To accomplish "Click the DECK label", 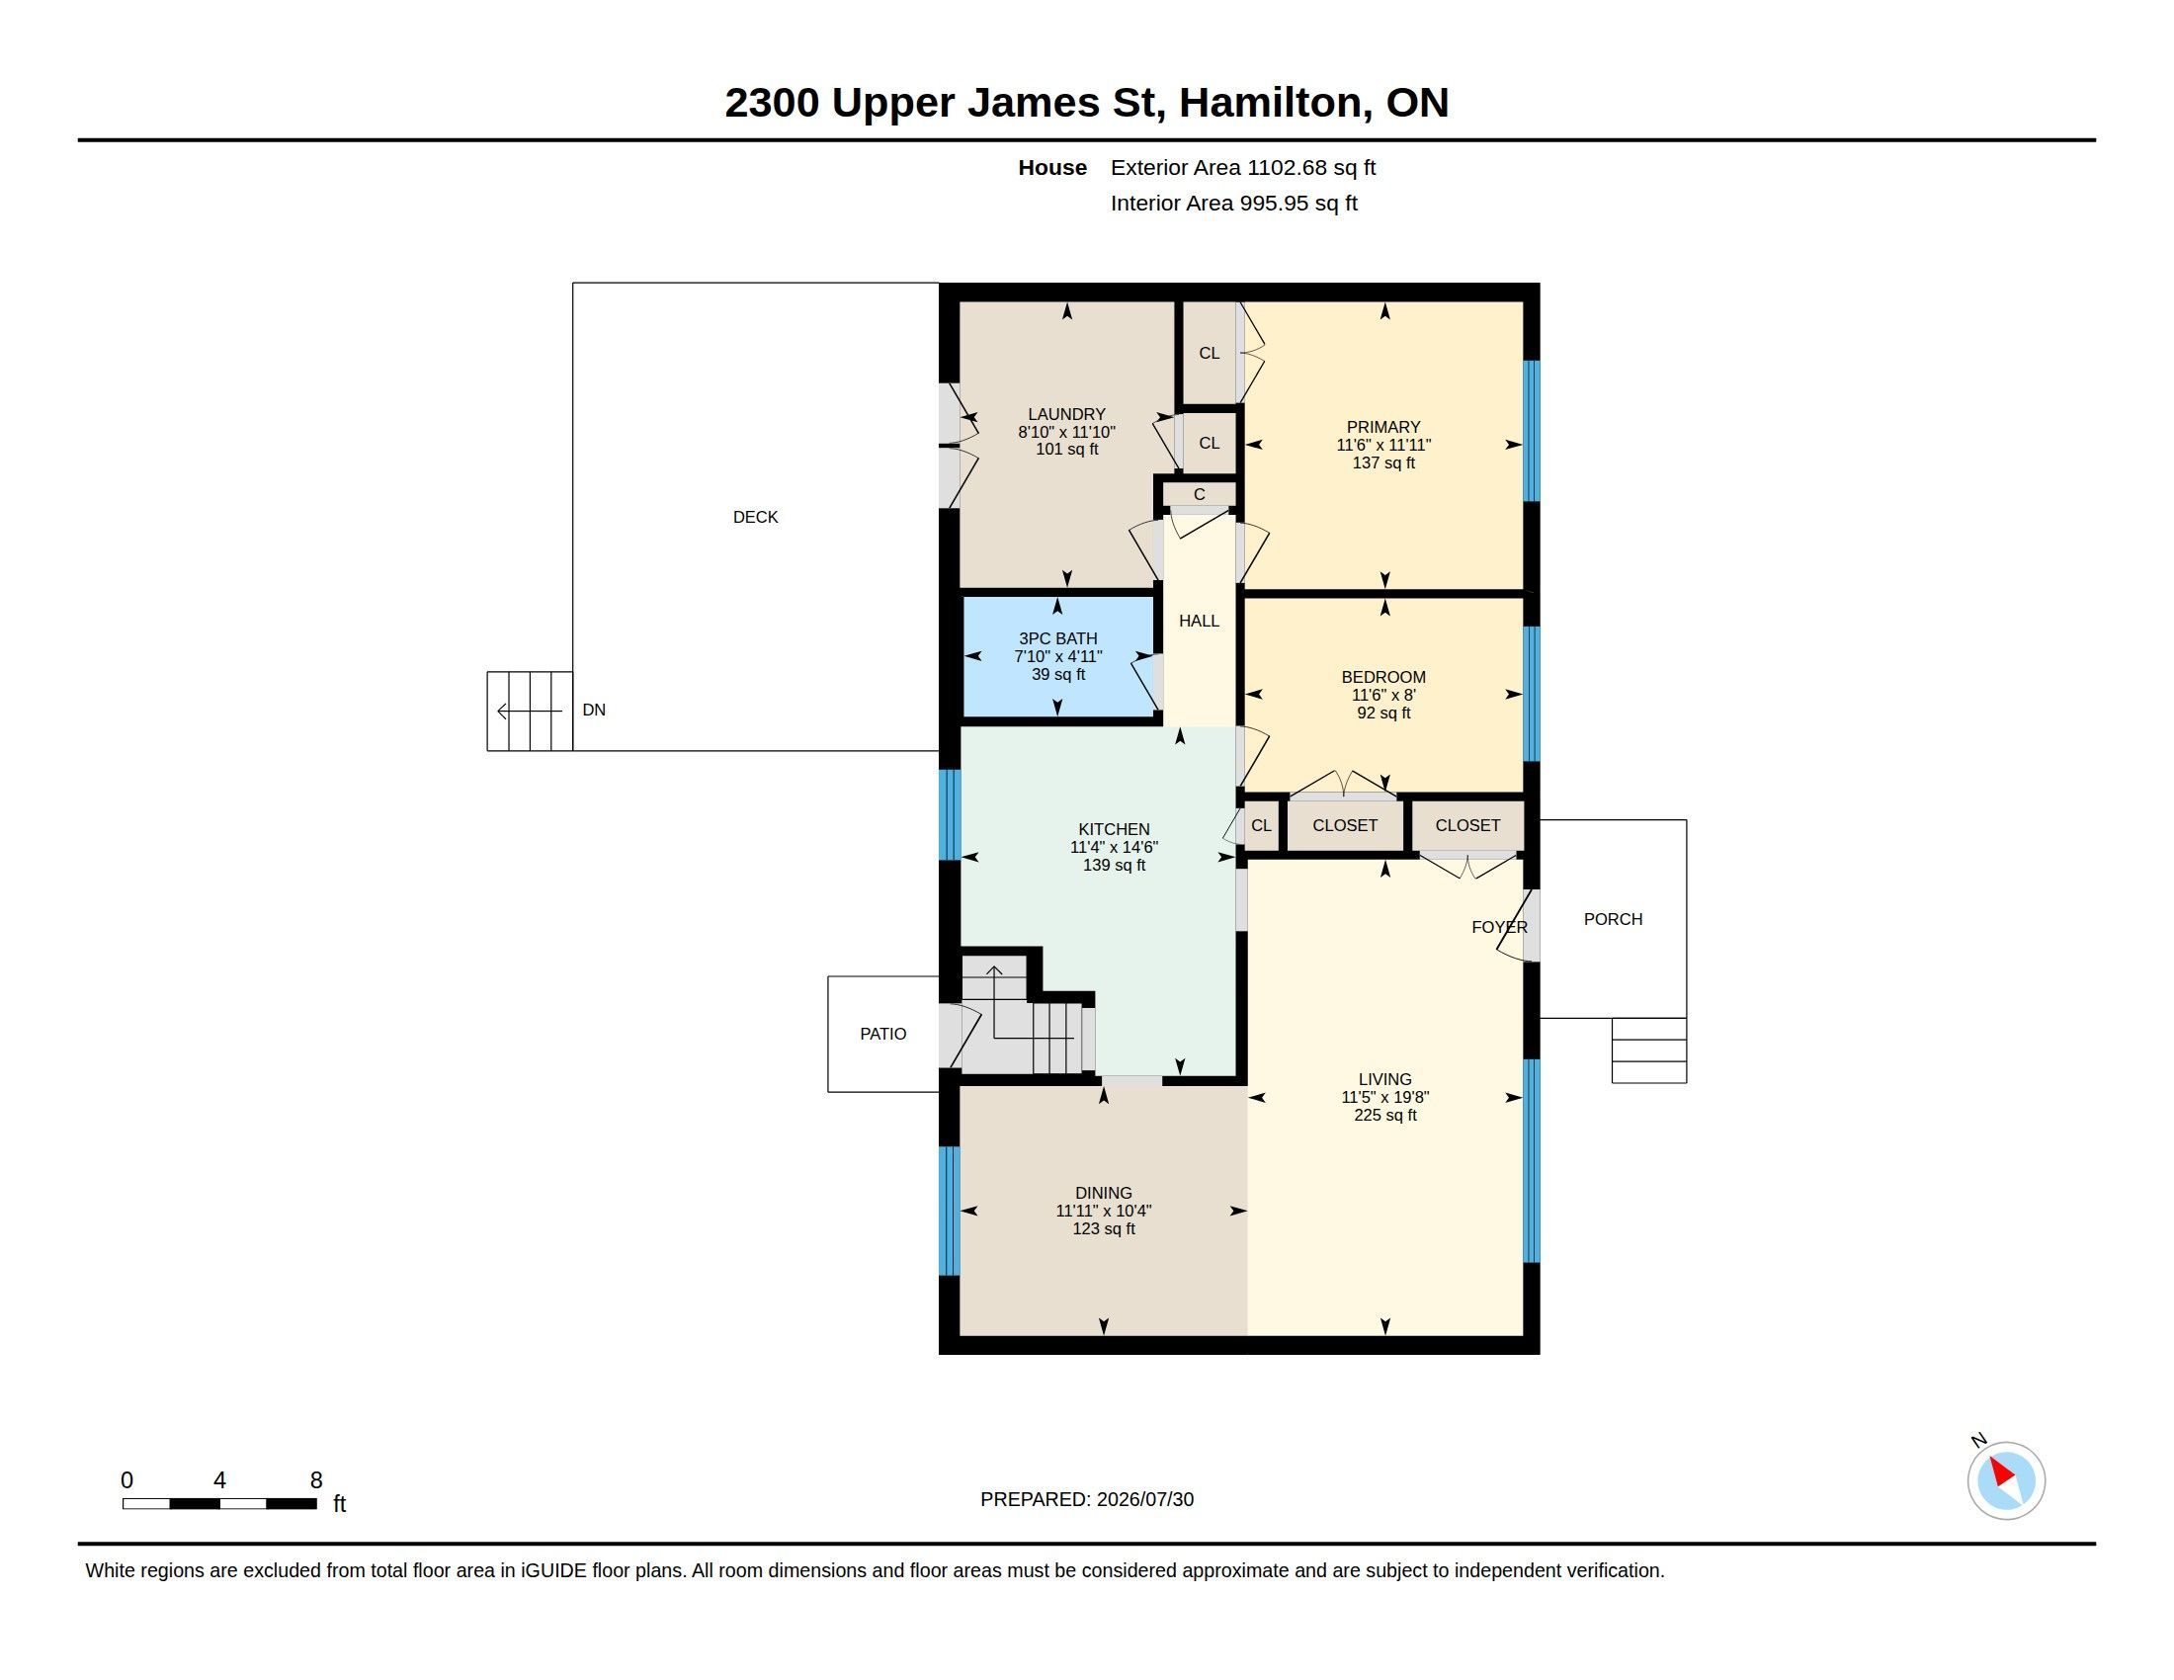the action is click(x=756, y=517).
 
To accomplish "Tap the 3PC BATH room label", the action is click(x=1058, y=639).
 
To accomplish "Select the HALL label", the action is click(x=1199, y=621).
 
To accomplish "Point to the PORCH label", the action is click(x=1613, y=920).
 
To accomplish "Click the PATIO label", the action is click(x=882, y=1034).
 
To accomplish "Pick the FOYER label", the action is click(x=1499, y=928).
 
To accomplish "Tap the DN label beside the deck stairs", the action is click(x=594, y=710).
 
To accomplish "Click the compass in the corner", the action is click(x=2006, y=1480).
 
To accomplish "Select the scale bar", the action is click(x=220, y=1504).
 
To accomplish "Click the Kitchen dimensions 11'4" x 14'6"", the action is click(x=1114, y=848).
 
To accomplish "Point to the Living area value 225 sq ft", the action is click(x=1384, y=1116).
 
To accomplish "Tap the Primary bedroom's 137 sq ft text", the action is click(x=1383, y=462).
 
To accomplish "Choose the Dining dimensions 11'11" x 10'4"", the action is click(x=1103, y=1212).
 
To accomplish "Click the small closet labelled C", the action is click(x=1200, y=495).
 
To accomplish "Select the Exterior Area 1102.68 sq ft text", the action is click(x=1243, y=167).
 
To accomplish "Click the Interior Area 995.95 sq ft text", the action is click(x=1234, y=203).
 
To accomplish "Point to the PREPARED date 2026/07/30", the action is click(x=1144, y=1500).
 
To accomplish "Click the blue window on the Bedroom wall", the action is click(x=1532, y=694).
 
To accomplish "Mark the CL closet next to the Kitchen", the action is click(x=1261, y=826).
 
